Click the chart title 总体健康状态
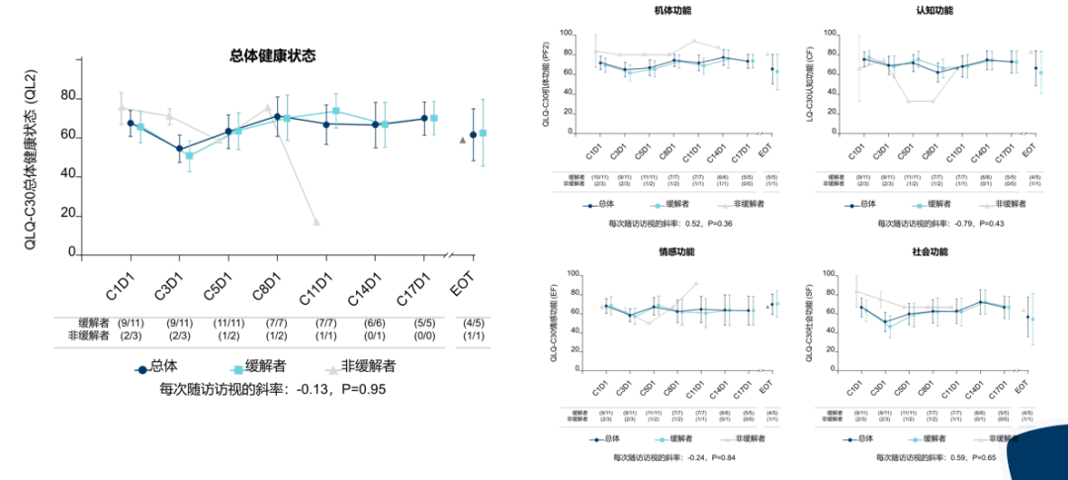coord(266,55)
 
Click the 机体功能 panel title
coord(673,10)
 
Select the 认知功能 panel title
coord(934,10)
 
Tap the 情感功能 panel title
coord(673,253)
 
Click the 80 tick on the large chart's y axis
coord(68,96)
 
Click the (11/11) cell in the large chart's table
coord(228,323)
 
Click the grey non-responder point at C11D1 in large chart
coord(316,222)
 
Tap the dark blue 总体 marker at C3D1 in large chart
coord(179,148)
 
